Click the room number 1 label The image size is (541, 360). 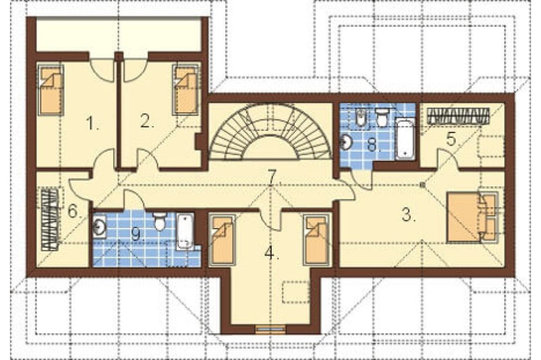[92, 123]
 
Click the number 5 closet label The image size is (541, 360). [453, 139]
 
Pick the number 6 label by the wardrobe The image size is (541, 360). [75, 211]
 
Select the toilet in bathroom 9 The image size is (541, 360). [160, 221]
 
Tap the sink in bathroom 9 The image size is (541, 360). [100, 226]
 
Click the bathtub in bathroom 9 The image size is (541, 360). [185, 231]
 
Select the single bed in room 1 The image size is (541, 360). [51, 89]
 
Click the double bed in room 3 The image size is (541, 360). [472, 218]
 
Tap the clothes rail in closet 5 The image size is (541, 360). [458, 116]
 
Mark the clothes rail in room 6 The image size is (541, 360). [50, 219]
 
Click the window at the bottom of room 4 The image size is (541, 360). [270, 329]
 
